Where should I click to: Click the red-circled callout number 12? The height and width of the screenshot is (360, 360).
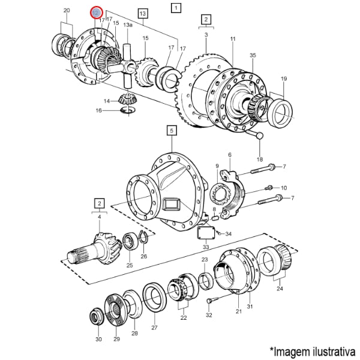tap(96, 13)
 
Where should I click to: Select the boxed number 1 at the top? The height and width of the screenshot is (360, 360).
tap(175, 8)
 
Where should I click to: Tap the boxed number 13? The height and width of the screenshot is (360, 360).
tap(142, 13)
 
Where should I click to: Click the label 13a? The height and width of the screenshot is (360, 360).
tap(128, 25)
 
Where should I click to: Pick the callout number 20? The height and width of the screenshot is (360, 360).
tap(67, 10)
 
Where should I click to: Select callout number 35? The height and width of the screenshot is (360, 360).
tap(253, 55)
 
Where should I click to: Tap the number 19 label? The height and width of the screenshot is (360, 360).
tap(284, 79)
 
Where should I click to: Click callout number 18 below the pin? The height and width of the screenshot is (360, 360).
tap(260, 159)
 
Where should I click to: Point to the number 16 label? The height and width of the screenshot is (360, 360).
tap(99, 111)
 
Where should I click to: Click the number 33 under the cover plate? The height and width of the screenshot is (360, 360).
tap(206, 247)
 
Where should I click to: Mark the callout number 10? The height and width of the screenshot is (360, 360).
tap(284, 188)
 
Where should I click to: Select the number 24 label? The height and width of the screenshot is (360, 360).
tap(280, 289)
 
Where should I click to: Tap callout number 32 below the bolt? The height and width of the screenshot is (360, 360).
tap(209, 314)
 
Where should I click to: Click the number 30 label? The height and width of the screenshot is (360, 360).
tap(98, 340)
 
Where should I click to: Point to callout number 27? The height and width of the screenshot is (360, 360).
tap(154, 328)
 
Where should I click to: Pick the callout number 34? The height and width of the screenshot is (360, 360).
tap(229, 233)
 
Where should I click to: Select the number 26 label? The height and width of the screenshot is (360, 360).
tap(143, 256)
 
